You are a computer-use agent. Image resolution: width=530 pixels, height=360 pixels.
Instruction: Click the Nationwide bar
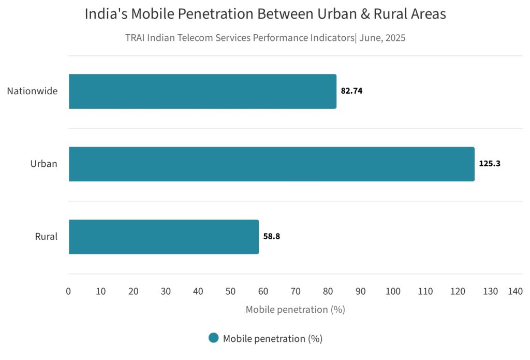click(x=202, y=91)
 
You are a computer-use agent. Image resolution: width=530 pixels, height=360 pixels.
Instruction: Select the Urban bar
click(x=271, y=164)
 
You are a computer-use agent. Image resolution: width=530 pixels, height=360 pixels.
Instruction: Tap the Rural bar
click(x=164, y=237)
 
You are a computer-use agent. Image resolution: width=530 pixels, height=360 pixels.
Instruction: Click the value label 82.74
click(x=351, y=91)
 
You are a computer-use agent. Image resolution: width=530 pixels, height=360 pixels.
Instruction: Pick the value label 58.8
click(x=271, y=237)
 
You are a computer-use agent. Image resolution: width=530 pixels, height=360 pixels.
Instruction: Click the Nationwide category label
click(x=32, y=91)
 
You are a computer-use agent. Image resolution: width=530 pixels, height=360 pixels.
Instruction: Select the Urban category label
click(x=43, y=164)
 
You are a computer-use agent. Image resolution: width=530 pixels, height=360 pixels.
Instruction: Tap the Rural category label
click(x=46, y=237)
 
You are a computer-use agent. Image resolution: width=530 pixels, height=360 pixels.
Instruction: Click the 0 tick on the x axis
click(x=68, y=292)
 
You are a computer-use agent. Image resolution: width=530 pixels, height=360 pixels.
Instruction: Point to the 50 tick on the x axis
click(x=231, y=292)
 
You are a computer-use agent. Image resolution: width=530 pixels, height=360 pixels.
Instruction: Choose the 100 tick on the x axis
click(x=393, y=292)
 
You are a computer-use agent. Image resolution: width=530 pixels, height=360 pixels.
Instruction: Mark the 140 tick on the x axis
click(x=515, y=292)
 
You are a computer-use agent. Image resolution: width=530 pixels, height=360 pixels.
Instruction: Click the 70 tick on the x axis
click(x=296, y=292)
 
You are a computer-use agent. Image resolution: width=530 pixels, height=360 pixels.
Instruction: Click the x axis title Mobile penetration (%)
click(x=295, y=310)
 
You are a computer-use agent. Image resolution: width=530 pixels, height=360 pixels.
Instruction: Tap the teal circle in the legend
click(x=213, y=338)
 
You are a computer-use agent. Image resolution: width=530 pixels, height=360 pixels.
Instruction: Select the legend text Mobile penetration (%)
click(x=273, y=339)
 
